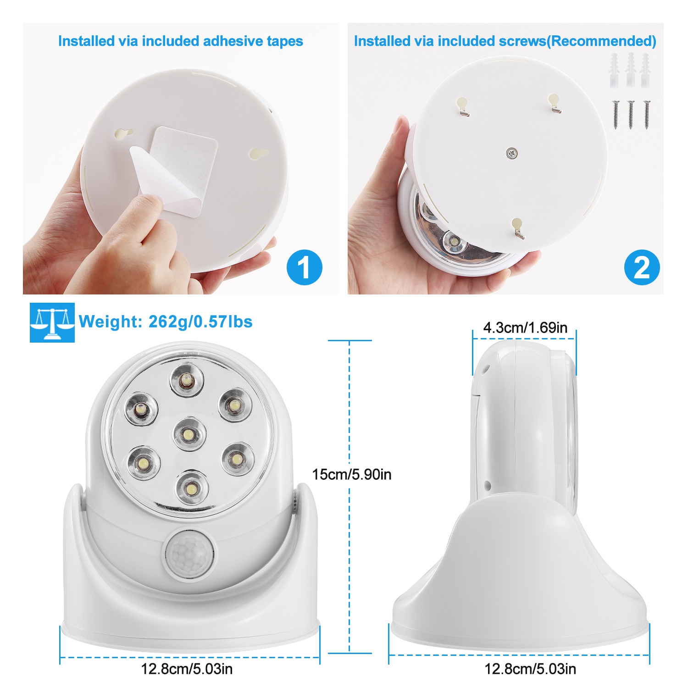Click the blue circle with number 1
pos(305,267)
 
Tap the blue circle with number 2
pos(642,267)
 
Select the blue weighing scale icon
pos(52,322)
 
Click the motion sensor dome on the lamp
pos(188,554)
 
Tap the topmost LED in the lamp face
pos(187,380)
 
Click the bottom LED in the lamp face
pos(191,488)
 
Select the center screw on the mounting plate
pos(512,154)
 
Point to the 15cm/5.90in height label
pos(352,474)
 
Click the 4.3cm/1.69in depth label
pos(525,327)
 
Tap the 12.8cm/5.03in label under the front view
pos(187,669)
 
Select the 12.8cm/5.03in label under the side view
pos(530,669)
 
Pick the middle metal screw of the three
pos(631,114)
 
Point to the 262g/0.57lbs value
pos(200,322)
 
